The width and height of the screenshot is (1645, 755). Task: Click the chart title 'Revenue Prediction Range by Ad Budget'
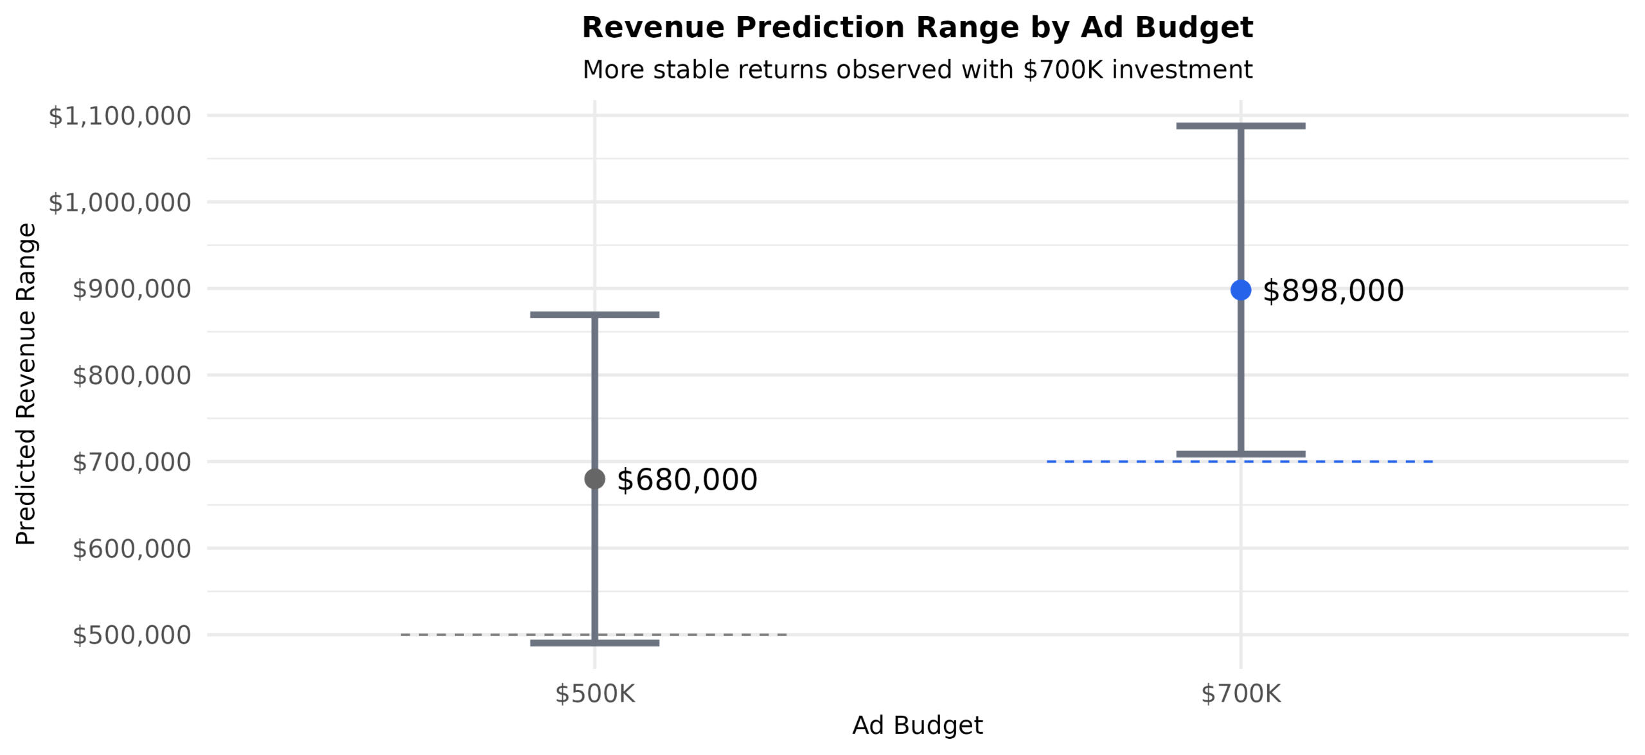[917, 28]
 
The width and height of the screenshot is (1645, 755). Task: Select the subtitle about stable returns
[917, 69]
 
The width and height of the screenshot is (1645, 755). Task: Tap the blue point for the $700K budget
[1240, 290]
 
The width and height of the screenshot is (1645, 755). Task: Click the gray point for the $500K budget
[594, 479]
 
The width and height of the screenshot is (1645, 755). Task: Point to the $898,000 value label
[1333, 291]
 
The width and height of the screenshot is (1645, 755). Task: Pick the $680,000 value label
[686, 480]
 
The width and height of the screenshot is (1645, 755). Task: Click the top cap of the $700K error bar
[1240, 126]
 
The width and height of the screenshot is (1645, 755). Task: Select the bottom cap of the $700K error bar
[1240, 454]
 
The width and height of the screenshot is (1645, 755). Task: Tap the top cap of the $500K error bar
[594, 315]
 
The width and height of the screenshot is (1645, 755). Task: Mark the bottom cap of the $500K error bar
[594, 643]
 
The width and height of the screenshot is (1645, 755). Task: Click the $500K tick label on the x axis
[594, 694]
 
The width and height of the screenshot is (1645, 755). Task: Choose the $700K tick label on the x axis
[1240, 694]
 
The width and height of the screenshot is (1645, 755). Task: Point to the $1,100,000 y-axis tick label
[120, 116]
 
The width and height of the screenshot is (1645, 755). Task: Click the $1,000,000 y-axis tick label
[120, 202]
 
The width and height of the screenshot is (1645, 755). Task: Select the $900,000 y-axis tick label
[132, 289]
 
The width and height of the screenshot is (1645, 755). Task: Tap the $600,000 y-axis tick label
[132, 549]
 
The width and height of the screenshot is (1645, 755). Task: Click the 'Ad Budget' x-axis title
[917, 725]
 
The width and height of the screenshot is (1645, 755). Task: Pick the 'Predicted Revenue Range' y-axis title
[26, 384]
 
